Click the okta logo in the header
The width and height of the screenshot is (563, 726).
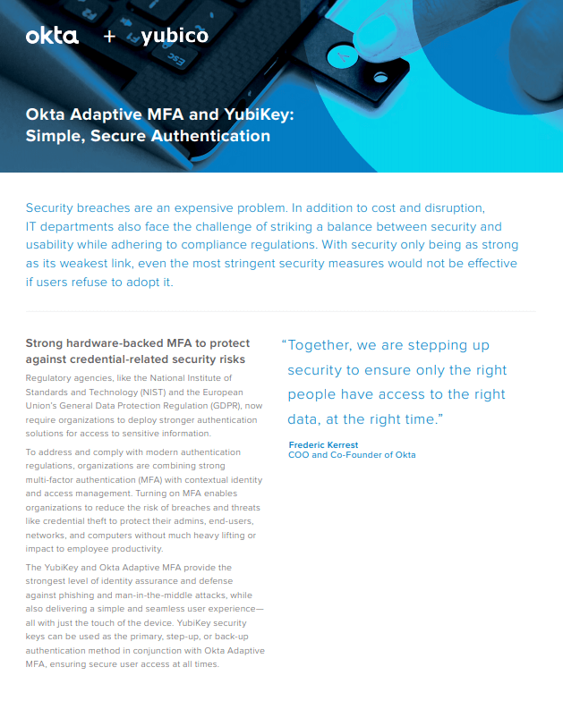(52, 36)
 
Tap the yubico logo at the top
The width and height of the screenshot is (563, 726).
(175, 36)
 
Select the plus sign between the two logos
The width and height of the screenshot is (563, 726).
(109, 37)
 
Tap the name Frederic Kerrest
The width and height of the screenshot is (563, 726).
(323, 444)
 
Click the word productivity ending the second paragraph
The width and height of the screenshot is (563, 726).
(131, 548)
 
